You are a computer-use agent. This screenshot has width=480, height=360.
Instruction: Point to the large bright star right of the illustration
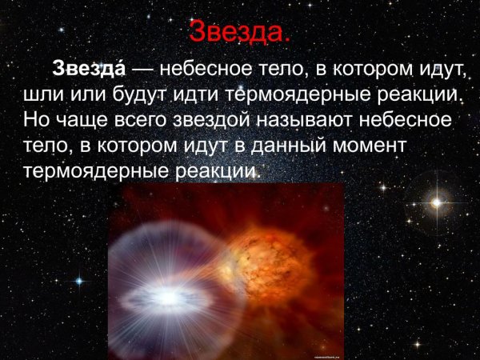[436, 202]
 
